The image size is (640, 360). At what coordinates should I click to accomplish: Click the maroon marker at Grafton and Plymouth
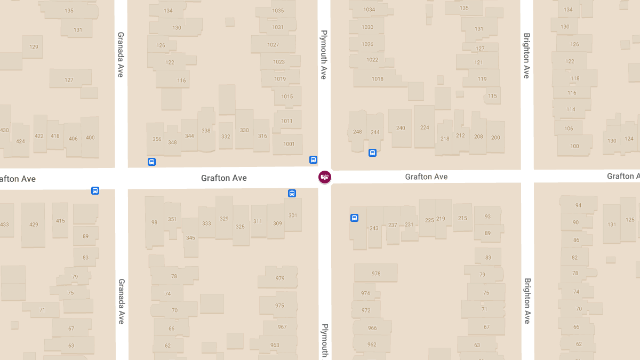coord(324,177)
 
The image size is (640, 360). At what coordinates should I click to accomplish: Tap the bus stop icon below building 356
coord(151,162)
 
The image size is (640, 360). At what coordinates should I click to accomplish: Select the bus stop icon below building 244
coord(373,153)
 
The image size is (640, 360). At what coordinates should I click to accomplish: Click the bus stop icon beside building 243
coord(354,218)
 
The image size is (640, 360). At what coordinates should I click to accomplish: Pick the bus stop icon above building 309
coord(292,193)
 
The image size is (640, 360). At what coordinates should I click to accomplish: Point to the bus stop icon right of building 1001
coord(313,159)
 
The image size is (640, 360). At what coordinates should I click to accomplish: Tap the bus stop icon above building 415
coord(95,190)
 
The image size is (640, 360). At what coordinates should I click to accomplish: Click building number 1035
coord(278,11)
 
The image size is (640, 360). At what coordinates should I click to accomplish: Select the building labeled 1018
coord(378,79)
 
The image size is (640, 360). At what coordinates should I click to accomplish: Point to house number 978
coord(376,274)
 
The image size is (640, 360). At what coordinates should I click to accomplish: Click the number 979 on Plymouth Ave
coord(280,278)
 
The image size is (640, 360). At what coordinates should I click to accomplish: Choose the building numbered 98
coord(154,222)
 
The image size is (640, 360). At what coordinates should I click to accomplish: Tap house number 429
coord(34,225)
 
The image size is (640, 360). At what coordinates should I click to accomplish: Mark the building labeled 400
coord(90,138)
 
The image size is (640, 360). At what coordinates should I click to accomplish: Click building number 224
coord(425,127)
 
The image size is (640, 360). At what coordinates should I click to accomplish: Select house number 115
coord(492,96)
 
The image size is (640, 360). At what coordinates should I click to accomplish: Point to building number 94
coord(578,205)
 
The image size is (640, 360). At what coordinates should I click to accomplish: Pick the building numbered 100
coord(574,146)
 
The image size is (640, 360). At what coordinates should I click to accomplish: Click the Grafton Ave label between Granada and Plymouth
coord(224,178)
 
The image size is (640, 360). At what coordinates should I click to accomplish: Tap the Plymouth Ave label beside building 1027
coord(323,54)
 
